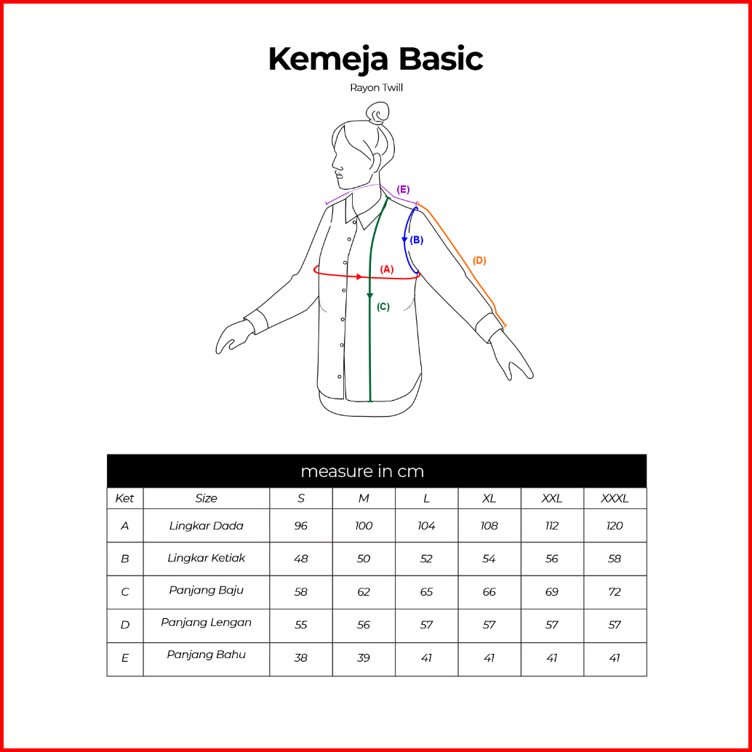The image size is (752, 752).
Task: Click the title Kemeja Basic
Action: [x=375, y=60]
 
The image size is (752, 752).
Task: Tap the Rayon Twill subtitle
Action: [x=377, y=88]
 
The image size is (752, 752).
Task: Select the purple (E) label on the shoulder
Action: [x=403, y=189]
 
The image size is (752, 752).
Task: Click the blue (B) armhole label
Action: [x=417, y=240]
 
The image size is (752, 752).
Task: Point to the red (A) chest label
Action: [x=387, y=270]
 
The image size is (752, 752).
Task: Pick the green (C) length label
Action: [x=383, y=307]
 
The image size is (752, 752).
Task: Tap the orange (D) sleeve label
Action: [x=479, y=260]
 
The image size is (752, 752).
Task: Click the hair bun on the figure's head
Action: [x=378, y=113]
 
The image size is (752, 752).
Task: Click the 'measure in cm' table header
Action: [x=363, y=471]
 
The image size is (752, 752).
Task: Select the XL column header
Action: [x=489, y=498]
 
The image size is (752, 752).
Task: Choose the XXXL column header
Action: [x=615, y=498]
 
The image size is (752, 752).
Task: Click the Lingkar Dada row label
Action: [x=207, y=526]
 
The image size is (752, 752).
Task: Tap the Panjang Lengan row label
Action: [x=207, y=623]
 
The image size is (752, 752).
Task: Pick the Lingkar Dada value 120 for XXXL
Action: [x=615, y=526]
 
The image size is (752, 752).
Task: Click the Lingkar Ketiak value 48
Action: [x=300, y=559]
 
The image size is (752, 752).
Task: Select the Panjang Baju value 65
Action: [x=426, y=592]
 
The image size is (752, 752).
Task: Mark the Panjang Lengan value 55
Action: [x=300, y=625]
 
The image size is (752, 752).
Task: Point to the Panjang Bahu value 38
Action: [x=300, y=657]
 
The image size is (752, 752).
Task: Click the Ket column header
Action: [x=124, y=498]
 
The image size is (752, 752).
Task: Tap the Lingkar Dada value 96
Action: [x=300, y=526]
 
